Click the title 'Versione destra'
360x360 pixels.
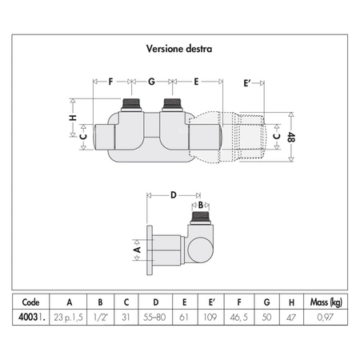point(179,49)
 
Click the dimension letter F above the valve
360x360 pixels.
point(110,82)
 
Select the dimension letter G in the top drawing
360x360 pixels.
point(151,82)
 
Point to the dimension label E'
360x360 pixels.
point(247,83)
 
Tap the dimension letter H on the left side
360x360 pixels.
point(73,118)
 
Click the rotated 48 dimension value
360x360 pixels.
point(291,137)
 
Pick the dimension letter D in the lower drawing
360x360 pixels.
point(174,195)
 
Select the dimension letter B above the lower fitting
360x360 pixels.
point(201,205)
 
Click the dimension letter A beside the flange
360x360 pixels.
point(137,250)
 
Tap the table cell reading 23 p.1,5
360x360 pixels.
point(68,318)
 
